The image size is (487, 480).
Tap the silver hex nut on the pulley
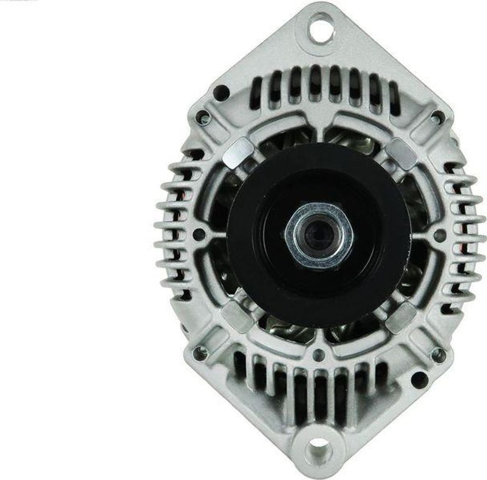(x=319, y=234)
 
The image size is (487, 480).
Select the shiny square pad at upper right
(x=400, y=153)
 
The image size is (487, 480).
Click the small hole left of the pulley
(x=199, y=234)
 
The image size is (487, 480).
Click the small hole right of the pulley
(x=439, y=235)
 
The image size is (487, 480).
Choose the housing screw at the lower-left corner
(x=200, y=353)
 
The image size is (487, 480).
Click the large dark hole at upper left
(x=221, y=92)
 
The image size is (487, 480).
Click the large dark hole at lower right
(x=419, y=380)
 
